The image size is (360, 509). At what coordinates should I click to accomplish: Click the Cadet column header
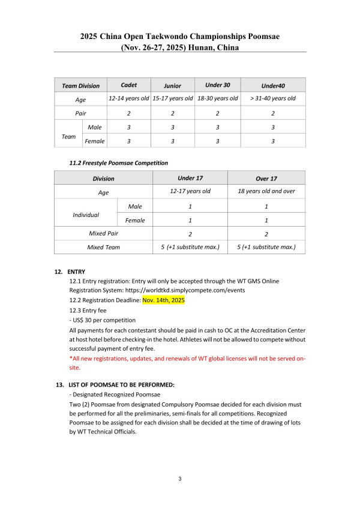click(x=128, y=85)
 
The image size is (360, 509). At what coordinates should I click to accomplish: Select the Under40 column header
click(x=272, y=85)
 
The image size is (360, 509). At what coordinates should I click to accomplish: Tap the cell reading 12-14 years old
click(x=128, y=98)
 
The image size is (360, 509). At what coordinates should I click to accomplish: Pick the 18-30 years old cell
click(x=218, y=98)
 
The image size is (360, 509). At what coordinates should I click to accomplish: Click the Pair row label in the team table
click(x=80, y=113)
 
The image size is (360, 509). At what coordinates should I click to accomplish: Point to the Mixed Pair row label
click(x=103, y=233)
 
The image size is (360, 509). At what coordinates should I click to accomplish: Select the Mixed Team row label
click(x=103, y=247)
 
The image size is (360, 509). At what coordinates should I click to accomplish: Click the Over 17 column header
click(x=266, y=178)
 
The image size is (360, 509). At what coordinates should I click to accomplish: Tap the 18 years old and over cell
click(x=266, y=192)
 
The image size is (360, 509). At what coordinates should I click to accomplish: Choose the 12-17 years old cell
click(x=190, y=192)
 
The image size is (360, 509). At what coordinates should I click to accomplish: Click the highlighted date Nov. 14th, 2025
click(x=163, y=300)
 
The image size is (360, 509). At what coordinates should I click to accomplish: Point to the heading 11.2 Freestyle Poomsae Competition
click(x=119, y=162)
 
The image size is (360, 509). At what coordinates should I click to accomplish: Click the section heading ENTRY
click(x=76, y=271)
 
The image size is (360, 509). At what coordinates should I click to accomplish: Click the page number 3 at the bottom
click(x=180, y=479)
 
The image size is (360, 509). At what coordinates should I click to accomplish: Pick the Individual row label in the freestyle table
click(x=86, y=213)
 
